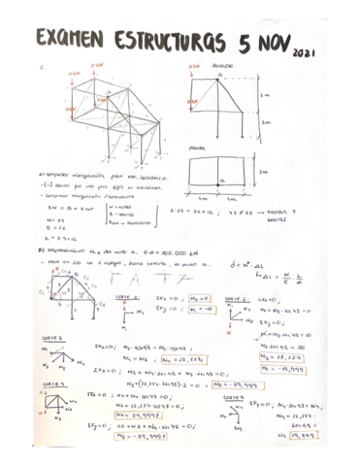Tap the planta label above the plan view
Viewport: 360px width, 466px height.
[x=197, y=149]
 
